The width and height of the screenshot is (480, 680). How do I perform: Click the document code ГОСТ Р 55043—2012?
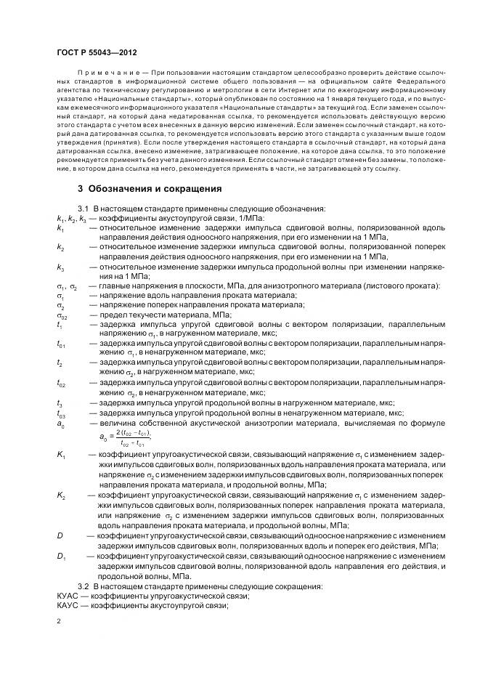97,53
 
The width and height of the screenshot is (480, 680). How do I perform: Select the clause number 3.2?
83,586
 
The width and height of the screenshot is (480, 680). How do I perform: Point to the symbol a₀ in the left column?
60,424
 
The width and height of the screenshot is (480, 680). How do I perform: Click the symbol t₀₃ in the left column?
61,413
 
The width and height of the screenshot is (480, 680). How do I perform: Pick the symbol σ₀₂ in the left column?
61,315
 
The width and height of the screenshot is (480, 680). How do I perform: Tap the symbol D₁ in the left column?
61,556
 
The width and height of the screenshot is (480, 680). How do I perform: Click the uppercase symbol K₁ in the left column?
61,455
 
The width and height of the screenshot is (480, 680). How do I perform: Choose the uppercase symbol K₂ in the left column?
61,495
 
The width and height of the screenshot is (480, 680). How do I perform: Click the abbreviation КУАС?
68,596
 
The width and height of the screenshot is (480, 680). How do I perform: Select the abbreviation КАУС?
68,606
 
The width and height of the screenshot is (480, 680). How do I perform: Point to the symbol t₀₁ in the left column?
61,344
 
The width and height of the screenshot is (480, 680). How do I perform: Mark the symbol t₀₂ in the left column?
61,383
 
